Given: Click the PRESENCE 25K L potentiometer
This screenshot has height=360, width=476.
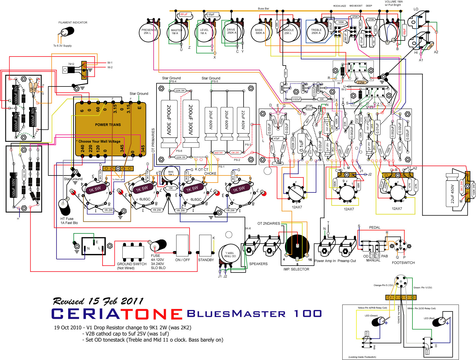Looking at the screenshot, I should pos(149,32).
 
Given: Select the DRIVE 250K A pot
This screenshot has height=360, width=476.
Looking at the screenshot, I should pos(232,32).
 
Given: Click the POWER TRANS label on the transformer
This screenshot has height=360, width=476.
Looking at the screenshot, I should pos(108,125).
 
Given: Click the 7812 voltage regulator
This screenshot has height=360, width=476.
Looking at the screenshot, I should pos(69,70).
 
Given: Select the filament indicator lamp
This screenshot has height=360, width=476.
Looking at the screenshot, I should pos(67,32).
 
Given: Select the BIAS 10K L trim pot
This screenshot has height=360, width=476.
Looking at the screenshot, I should pos(171,173).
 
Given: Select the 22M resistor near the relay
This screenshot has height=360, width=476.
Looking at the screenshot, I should pos(361,83).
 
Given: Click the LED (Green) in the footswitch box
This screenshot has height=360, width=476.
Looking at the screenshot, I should pos(379,321).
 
